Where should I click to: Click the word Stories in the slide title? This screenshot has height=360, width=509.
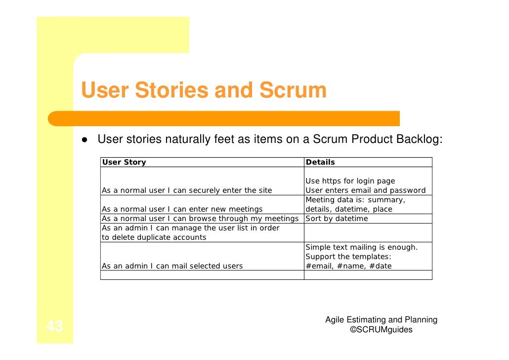coord(170,90)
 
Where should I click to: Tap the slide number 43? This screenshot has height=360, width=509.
coord(54,327)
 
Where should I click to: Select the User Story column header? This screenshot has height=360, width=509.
coord(124,162)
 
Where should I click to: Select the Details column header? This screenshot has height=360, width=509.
coord(320,162)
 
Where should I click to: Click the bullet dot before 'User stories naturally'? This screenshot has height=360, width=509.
coord(85,140)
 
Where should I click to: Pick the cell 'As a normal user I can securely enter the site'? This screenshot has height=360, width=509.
coord(187,190)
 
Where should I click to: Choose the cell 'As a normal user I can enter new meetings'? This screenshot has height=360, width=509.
coord(182,209)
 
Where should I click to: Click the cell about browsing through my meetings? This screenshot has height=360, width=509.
coord(200,219)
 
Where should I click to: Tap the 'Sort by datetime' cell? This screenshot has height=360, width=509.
coord(337,219)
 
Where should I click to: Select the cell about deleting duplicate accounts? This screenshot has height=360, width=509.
coord(190,232)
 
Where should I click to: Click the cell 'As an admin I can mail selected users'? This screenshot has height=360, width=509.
coord(172,266)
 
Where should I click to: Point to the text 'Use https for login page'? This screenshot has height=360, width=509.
coord(350,181)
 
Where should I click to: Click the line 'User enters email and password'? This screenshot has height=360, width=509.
coord(365,190)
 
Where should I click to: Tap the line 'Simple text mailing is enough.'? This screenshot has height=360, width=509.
coord(361,247)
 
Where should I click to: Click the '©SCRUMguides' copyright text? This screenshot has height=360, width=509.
coord(381,330)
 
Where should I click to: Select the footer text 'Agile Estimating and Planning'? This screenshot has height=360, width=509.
coord(381,320)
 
